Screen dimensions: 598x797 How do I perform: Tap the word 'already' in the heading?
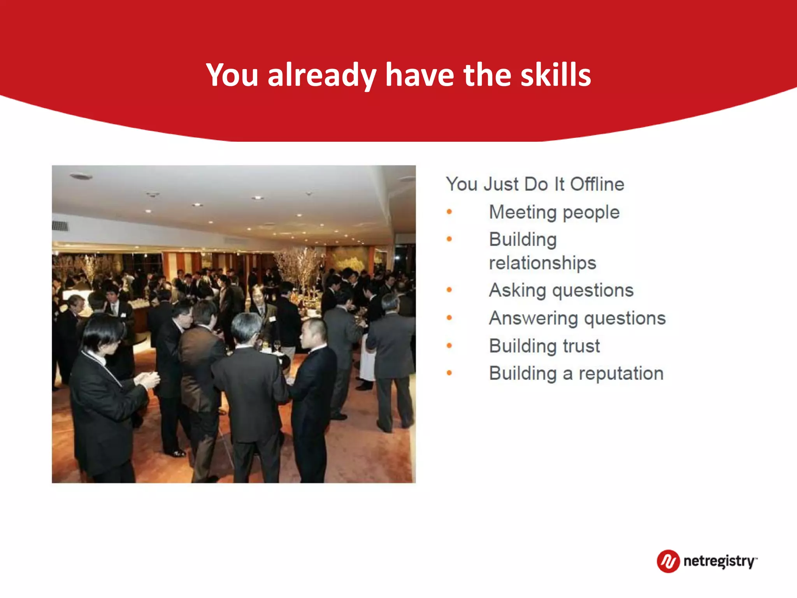[x=321, y=75]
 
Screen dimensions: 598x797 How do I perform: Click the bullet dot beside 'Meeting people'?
[x=449, y=212]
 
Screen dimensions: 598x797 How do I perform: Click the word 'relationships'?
[x=542, y=263]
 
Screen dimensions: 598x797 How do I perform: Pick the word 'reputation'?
[x=621, y=374]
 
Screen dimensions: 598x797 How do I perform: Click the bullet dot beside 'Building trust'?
[x=449, y=345]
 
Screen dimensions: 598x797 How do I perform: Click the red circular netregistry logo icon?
[x=668, y=561]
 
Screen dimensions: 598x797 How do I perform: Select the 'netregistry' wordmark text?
[x=719, y=561]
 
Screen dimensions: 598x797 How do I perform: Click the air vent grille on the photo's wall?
[x=60, y=225]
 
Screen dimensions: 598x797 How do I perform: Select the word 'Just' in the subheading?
[x=501, y=184]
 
